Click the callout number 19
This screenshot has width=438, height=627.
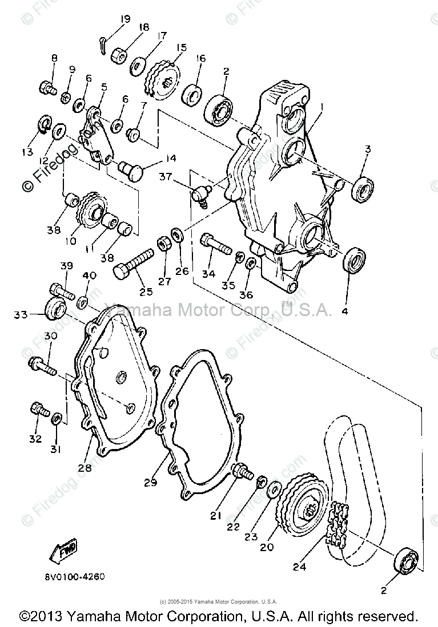[125, 18]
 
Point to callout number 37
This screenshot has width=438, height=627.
[166, 177]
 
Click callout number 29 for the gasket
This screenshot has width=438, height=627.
[150, 483]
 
